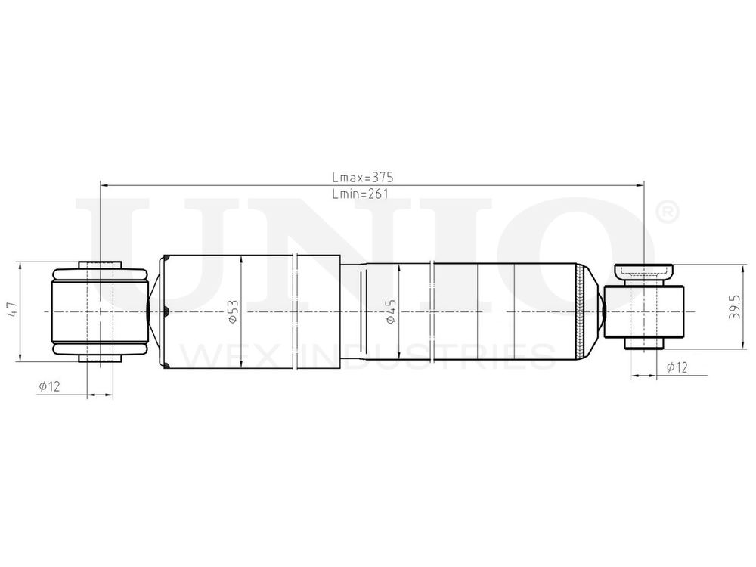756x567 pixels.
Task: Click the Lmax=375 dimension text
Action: (x=363, y=177)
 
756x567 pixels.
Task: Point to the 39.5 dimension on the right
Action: (x=733, y=308)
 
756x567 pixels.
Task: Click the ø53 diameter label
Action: (x=233, y=312)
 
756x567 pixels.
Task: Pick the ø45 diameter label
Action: (x=391, y=312)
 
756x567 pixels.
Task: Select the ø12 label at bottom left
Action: (x=49, y=386)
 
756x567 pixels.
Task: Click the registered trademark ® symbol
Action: (x=667, y=212)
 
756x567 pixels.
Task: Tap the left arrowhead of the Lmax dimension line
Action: (x=104, y=184)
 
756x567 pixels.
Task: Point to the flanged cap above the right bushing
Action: (x=644, y=271)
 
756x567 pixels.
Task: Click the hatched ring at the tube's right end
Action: (x=581, y=311)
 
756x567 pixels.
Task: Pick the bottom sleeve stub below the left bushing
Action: (x=101, y=358)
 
